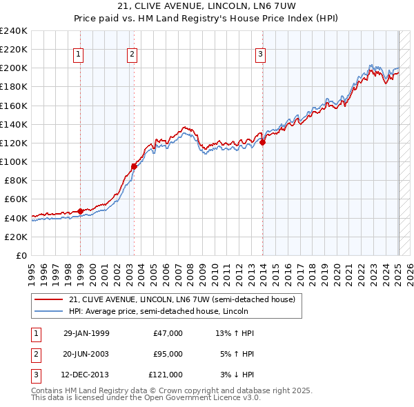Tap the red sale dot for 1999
[80, 211]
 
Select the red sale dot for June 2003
[134, 166]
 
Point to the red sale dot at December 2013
[263, 142]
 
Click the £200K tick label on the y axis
[14, 68]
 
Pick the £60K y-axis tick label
[16, 199]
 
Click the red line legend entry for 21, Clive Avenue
[182, 299]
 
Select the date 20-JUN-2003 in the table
[86, 354]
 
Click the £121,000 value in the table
[166, 375]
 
